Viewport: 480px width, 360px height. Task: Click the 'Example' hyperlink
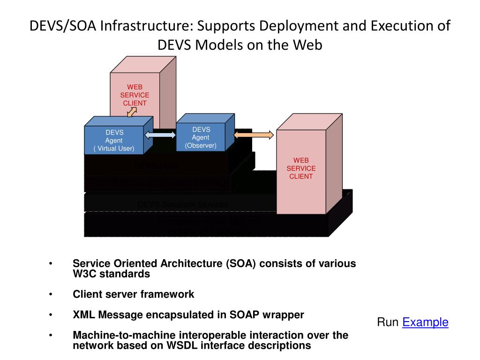(425, 322)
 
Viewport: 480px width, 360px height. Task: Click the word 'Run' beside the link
(389, 322)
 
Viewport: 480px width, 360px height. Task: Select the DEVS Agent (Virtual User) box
(114, 141)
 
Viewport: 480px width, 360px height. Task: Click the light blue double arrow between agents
(160, 135)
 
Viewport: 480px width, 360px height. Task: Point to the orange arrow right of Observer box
(253, 135)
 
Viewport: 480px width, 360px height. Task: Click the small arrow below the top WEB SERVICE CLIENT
(132, 112)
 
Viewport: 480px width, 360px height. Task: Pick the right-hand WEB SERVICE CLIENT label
(301, 168)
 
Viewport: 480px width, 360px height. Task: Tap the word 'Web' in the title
(308, 45)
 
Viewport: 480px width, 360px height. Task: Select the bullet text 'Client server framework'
(133, 294)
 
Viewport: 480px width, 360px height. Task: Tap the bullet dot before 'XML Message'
(51, 315)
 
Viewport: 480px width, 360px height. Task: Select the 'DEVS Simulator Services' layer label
(183, 204)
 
